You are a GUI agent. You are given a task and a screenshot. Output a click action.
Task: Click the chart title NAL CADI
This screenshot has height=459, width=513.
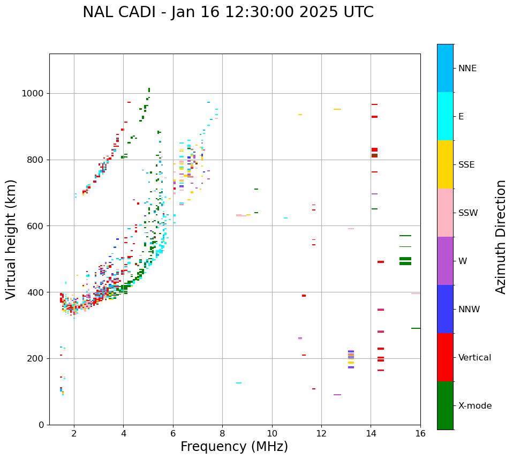click(x=228, y=12)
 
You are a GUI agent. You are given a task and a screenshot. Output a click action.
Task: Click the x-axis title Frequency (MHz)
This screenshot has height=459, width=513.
click(x=234, y=447)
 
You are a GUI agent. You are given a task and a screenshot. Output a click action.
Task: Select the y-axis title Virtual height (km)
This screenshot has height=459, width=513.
click(x=11, y=239)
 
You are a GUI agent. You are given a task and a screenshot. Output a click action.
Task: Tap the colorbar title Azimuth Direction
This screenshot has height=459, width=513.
click(x=501, y=237)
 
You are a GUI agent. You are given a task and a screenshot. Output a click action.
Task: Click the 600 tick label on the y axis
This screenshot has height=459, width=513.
click(x=36, y=226)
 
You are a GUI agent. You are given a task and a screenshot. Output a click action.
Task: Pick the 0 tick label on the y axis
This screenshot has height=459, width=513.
click(x=41, y=425)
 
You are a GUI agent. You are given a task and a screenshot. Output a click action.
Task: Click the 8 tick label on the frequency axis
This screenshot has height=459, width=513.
click(x=222, y=433)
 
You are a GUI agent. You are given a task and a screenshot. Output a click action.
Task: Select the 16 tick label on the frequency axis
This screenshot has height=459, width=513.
click(x=420, y=433)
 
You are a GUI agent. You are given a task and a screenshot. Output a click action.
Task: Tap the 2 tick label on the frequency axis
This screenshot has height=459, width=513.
click(x=74, y=433)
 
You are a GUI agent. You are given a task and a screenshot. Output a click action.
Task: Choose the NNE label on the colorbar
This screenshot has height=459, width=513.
click(x=467, y=69)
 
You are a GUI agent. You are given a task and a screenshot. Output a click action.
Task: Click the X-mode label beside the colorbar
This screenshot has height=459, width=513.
click(x=474, y=406)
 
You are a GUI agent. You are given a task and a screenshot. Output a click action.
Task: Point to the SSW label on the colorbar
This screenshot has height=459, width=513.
click(x=468, y=213)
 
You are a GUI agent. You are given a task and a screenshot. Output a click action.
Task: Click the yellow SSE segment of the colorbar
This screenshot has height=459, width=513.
click(x=445, y=164)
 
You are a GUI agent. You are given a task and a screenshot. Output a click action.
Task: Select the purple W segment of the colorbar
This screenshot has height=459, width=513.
click(x=445, y=261)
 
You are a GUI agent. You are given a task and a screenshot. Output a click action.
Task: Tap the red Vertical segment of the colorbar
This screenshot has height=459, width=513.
click(x=445, y=357)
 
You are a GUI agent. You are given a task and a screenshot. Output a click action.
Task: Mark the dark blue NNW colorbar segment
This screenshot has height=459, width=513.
click(x=445, y=309)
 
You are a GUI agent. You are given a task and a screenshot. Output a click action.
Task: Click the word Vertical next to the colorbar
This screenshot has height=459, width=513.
click(x=474, y=358)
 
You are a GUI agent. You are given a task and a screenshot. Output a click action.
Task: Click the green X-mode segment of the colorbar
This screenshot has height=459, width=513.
click(x=445, y=405)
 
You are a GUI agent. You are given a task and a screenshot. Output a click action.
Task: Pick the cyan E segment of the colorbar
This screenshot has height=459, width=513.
click(x=445, y=116)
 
